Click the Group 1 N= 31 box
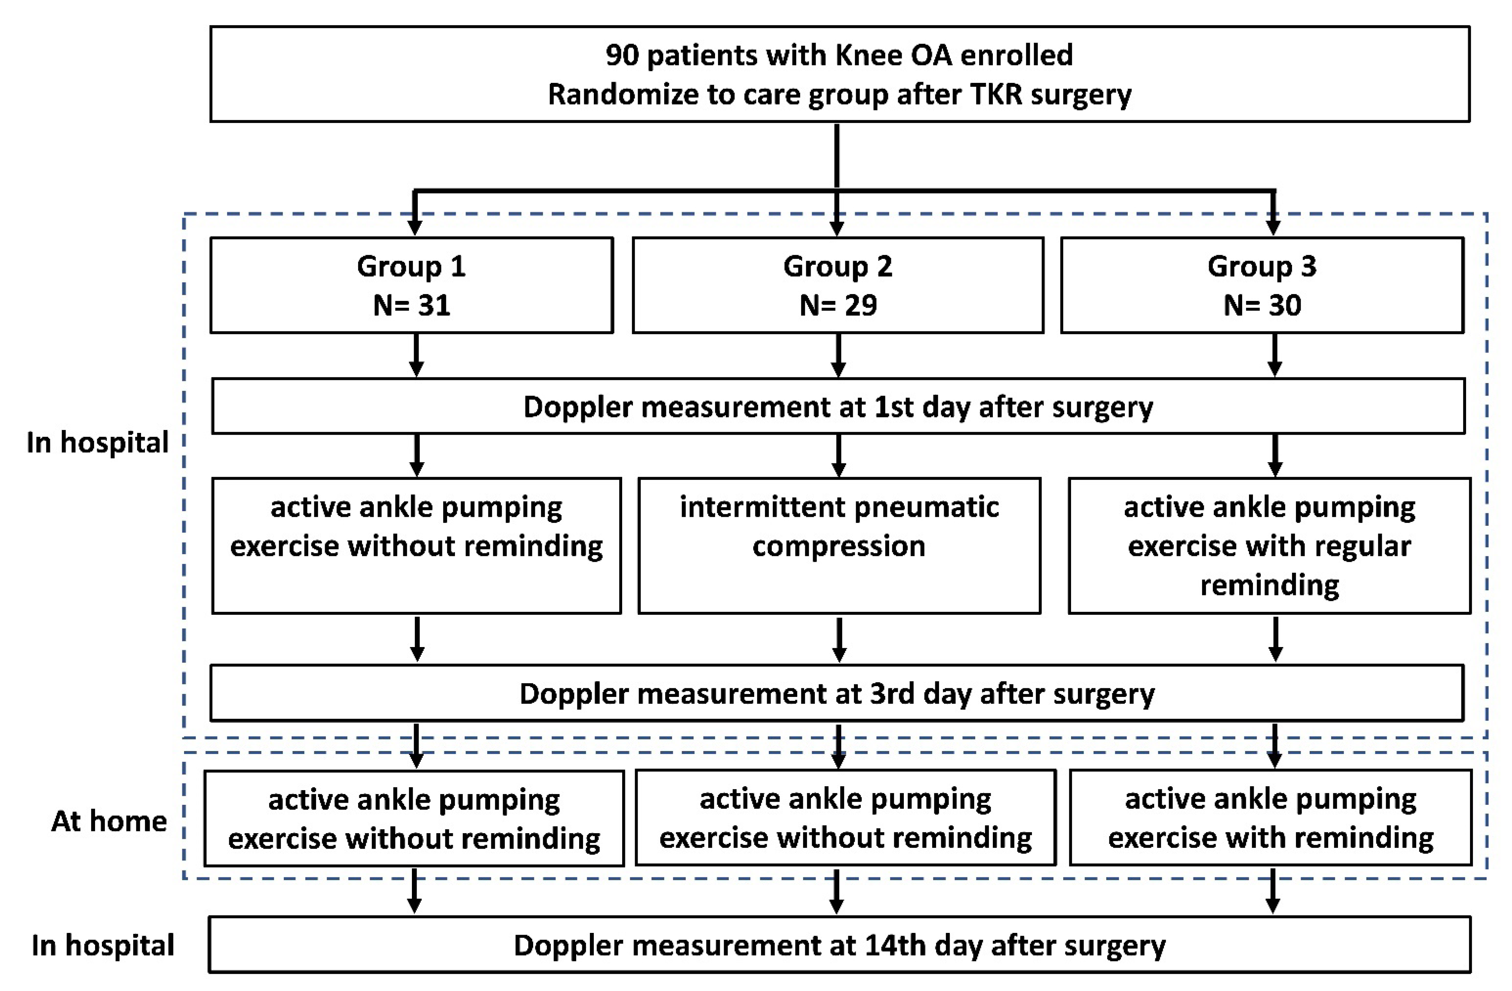point(411,285)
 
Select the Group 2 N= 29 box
point(837,285)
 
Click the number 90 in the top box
point(621,55)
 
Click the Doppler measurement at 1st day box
point(837,407)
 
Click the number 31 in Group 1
point(434,306)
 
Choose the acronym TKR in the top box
point(996,95)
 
